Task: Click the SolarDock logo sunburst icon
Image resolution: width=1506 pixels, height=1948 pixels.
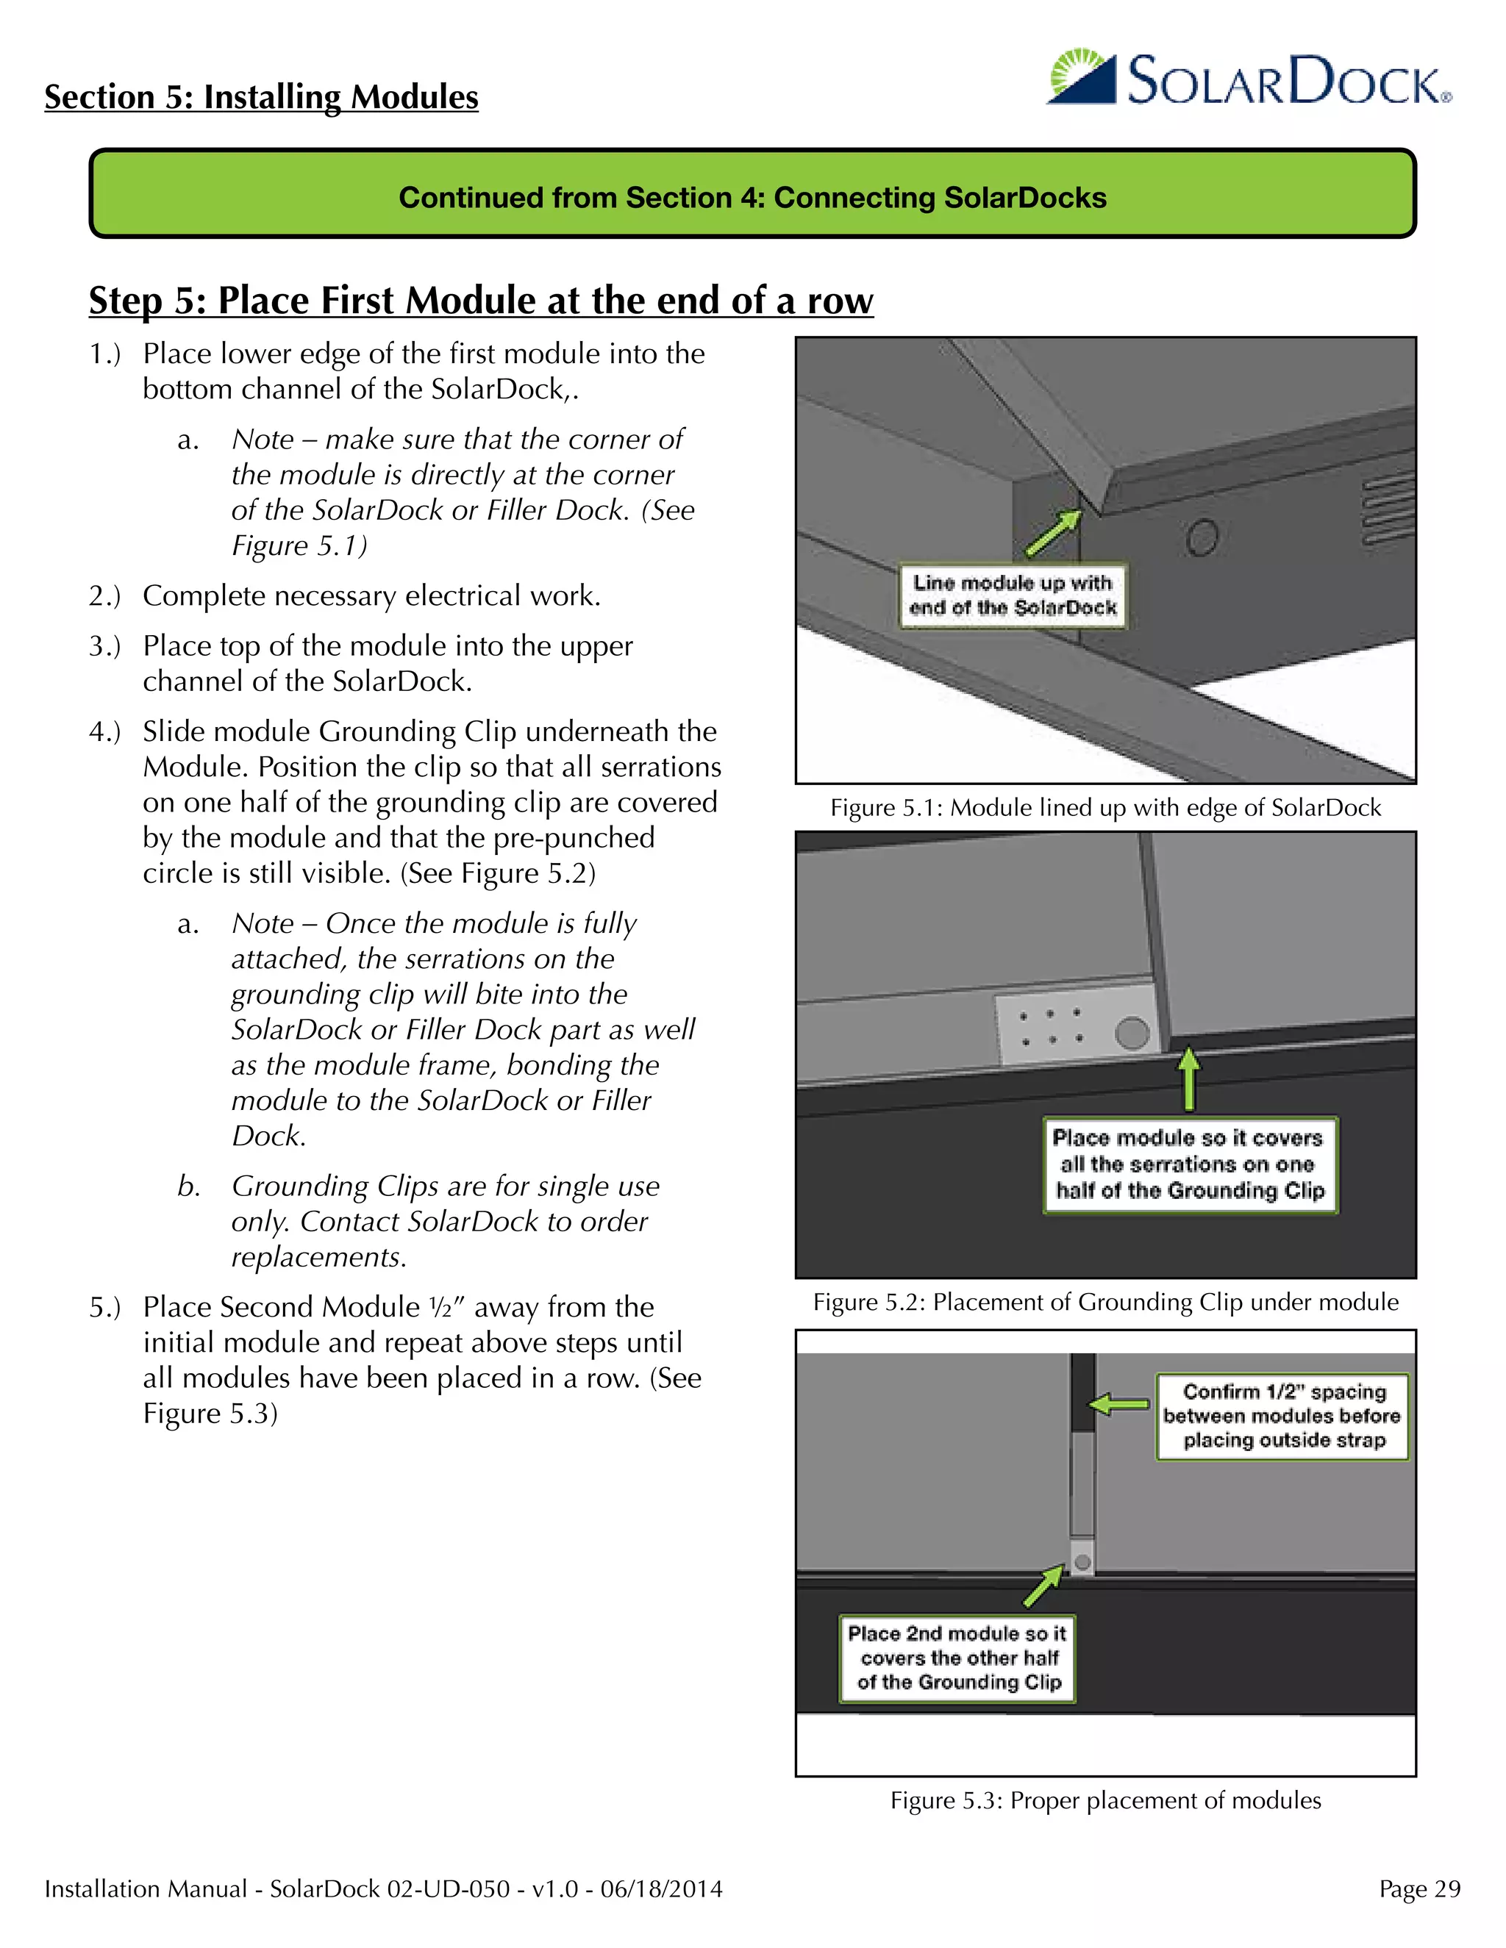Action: [1081, 78]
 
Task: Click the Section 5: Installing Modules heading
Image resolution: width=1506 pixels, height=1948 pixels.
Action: [261, 96]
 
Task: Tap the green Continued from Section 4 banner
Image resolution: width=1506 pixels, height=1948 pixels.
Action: [752, 196]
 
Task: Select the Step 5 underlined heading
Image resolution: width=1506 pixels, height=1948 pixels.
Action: [480, 301]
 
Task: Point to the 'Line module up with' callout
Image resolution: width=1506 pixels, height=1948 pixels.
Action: [1012, 595]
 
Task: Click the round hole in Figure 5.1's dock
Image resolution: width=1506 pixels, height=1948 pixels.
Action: [1202, 538]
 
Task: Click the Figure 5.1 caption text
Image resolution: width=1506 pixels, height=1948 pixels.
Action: [1104, 808]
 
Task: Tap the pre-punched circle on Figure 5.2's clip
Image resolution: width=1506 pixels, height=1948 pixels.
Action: [1131, 1033]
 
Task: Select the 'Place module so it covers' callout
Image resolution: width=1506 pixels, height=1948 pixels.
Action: [1189, 1164]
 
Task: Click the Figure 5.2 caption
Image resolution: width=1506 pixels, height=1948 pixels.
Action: [1104, 1303]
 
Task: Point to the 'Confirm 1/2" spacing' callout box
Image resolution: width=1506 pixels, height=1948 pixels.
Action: [1282, 1416]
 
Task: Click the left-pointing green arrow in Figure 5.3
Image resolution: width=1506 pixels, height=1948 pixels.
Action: [1120, 1405]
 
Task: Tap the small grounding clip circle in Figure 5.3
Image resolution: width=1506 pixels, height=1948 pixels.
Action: [1082, 1562]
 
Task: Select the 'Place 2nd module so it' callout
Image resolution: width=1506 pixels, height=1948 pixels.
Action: [957, 1658]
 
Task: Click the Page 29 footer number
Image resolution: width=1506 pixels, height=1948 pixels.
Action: [1418, 1889]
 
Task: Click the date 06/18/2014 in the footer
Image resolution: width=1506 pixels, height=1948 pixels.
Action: [661, 1889]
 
